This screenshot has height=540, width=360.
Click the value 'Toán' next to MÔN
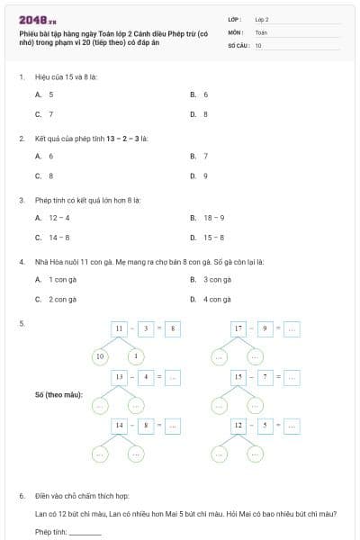(x=261, y=31)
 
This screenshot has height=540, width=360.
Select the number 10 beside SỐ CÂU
(x=258, y=44)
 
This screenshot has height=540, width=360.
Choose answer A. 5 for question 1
(x=44, y=94)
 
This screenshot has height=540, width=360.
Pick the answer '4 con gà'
(x=217, y=299)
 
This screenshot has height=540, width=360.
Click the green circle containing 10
(x=100, y=356)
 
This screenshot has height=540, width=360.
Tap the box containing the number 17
(x=238, y=329)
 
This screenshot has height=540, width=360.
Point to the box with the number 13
(x=119, y=376)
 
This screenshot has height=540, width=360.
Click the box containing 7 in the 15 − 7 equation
(x=265, y=376)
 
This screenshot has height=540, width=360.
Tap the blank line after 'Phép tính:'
(x=85, y=532)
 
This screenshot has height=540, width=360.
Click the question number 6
(x=22, y=496)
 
